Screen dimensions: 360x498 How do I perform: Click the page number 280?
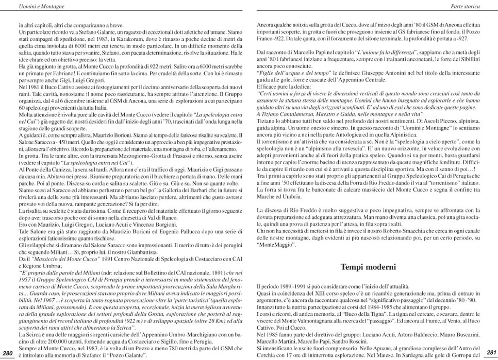(x=8, y=353)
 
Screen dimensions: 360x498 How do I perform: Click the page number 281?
(x=491, y=353)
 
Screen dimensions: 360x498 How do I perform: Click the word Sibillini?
(x=467, y=59)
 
